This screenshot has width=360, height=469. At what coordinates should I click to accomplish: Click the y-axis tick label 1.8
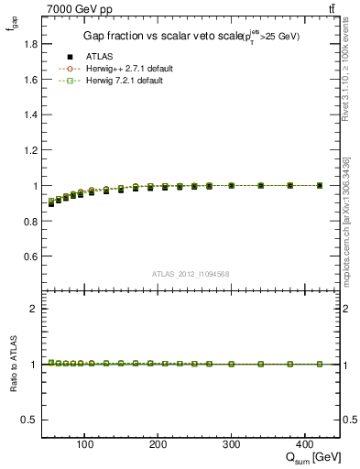click(29, 44)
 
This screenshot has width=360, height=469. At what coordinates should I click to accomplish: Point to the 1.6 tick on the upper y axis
click(29, 80)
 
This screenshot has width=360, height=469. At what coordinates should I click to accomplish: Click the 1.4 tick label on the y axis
click(29, 115)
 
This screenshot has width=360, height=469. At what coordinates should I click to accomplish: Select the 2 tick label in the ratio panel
click(33, 309)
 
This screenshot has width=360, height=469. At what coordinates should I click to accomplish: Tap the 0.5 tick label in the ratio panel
click(29, 420)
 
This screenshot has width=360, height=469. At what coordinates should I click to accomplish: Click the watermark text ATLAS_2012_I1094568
click(190, 273)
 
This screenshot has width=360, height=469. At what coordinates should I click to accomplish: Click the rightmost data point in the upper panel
click(319, 185)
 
